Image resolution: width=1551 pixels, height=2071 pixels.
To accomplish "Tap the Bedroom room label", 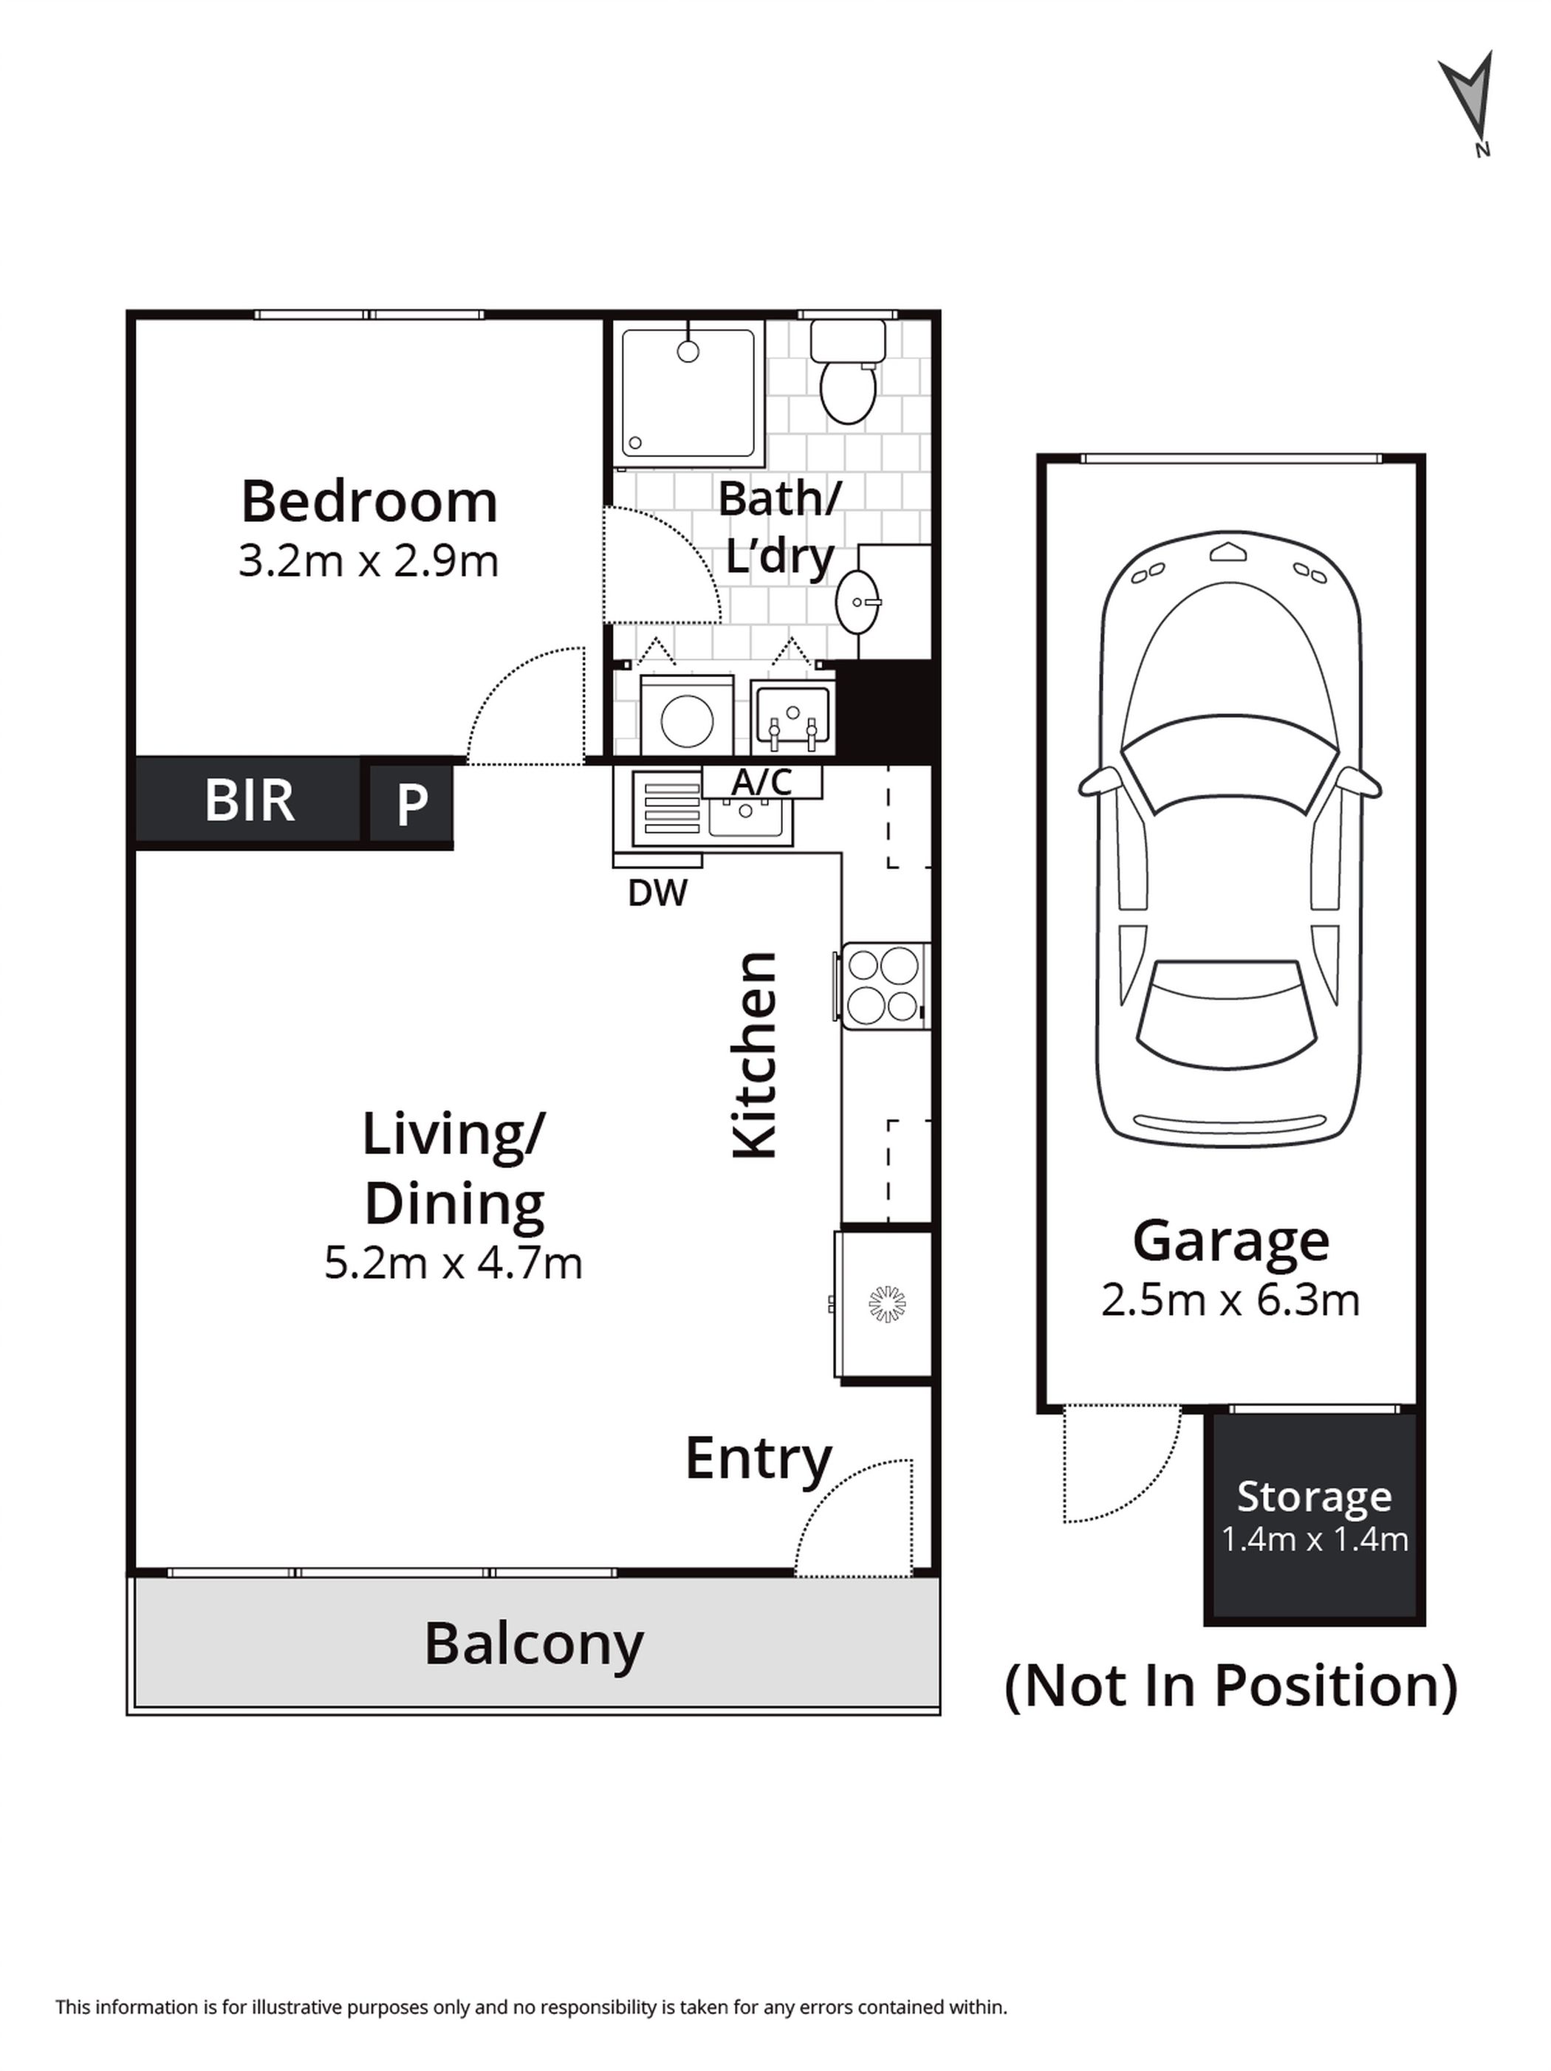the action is coord(369,502).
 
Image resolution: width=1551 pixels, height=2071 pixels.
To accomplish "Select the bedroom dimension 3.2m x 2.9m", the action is coord(368,561).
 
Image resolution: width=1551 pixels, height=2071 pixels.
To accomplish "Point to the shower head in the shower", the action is coord(688,352).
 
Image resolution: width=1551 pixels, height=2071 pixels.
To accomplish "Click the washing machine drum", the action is coord(687,721).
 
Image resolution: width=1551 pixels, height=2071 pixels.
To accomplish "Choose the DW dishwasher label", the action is coord(657,893).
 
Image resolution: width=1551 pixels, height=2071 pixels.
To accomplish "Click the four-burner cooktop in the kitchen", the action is coord(883,985).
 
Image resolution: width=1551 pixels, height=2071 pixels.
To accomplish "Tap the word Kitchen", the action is coord(754,1055).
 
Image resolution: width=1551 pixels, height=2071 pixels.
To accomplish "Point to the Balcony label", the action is coord(534,1645).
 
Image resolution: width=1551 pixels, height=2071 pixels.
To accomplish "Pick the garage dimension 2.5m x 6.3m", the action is coord(1230,1299).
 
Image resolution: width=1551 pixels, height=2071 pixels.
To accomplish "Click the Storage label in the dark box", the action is coord(1315,1496).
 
